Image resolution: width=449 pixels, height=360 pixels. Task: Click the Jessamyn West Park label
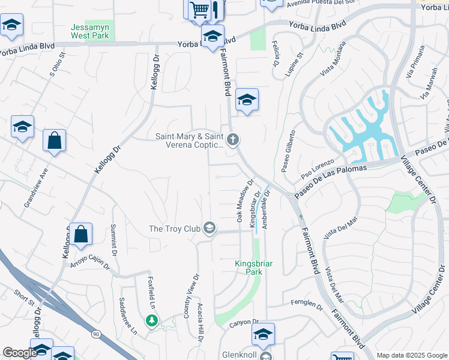[89, 31]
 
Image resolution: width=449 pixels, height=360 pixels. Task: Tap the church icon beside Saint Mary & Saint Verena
[234, 140]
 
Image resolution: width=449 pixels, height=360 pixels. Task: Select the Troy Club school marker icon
[209, 228]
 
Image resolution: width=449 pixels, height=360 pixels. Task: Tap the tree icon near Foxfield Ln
[152, 320]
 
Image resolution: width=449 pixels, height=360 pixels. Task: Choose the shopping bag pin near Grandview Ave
[54, 141]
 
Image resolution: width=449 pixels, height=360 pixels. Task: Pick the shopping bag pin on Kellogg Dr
[81, 235]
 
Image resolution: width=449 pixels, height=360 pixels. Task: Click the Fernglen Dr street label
[307, 305]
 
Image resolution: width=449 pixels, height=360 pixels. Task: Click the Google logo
[20, 353]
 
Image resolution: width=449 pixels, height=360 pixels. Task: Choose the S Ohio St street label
[56, 71]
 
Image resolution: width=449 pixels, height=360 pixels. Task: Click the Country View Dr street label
[191, 296]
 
